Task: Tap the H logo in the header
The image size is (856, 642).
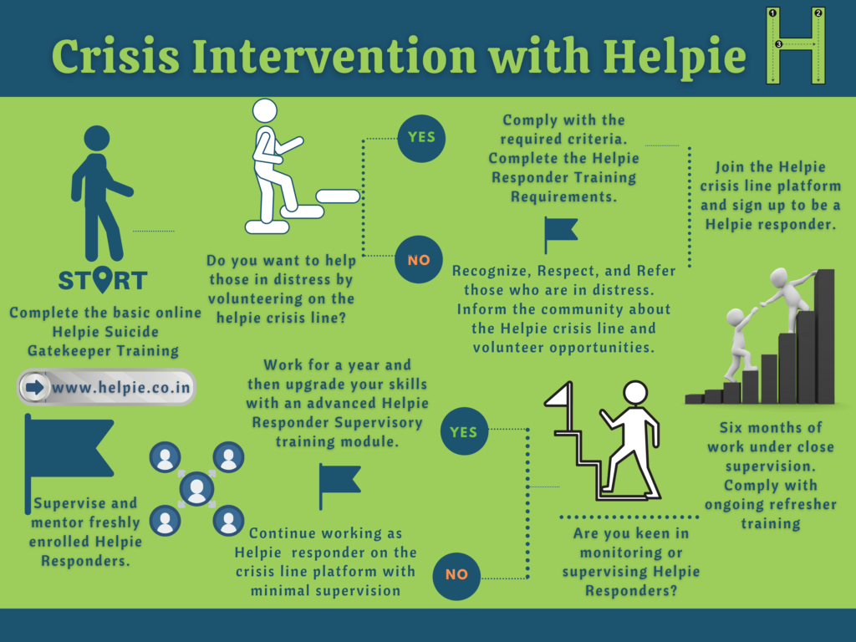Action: click(x=796, y=46)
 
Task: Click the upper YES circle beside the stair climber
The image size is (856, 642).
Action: click(x=421, y=138)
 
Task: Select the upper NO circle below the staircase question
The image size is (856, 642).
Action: click(x=419, y=260)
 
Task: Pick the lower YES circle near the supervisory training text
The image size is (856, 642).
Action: click(x=464, y=431)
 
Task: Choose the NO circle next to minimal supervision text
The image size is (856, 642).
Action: click(x=456, y=575)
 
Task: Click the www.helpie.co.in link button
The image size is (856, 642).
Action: click(x=106, y=387)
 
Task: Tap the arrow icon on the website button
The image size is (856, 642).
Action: click(x=34, y=388)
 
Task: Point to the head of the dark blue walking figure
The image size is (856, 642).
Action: click(x=97, y=138)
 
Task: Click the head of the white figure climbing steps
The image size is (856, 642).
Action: click(x=265, y=111)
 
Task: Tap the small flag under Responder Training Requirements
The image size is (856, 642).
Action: click(x=561, y=235)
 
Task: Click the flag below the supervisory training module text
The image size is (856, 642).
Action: click(x=339, y=486)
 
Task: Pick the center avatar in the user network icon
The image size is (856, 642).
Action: click(x=197, y=488)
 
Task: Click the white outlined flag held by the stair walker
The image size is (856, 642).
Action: click(x=560, y=395)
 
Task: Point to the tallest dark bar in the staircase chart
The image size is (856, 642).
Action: click(x=825, y=336)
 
